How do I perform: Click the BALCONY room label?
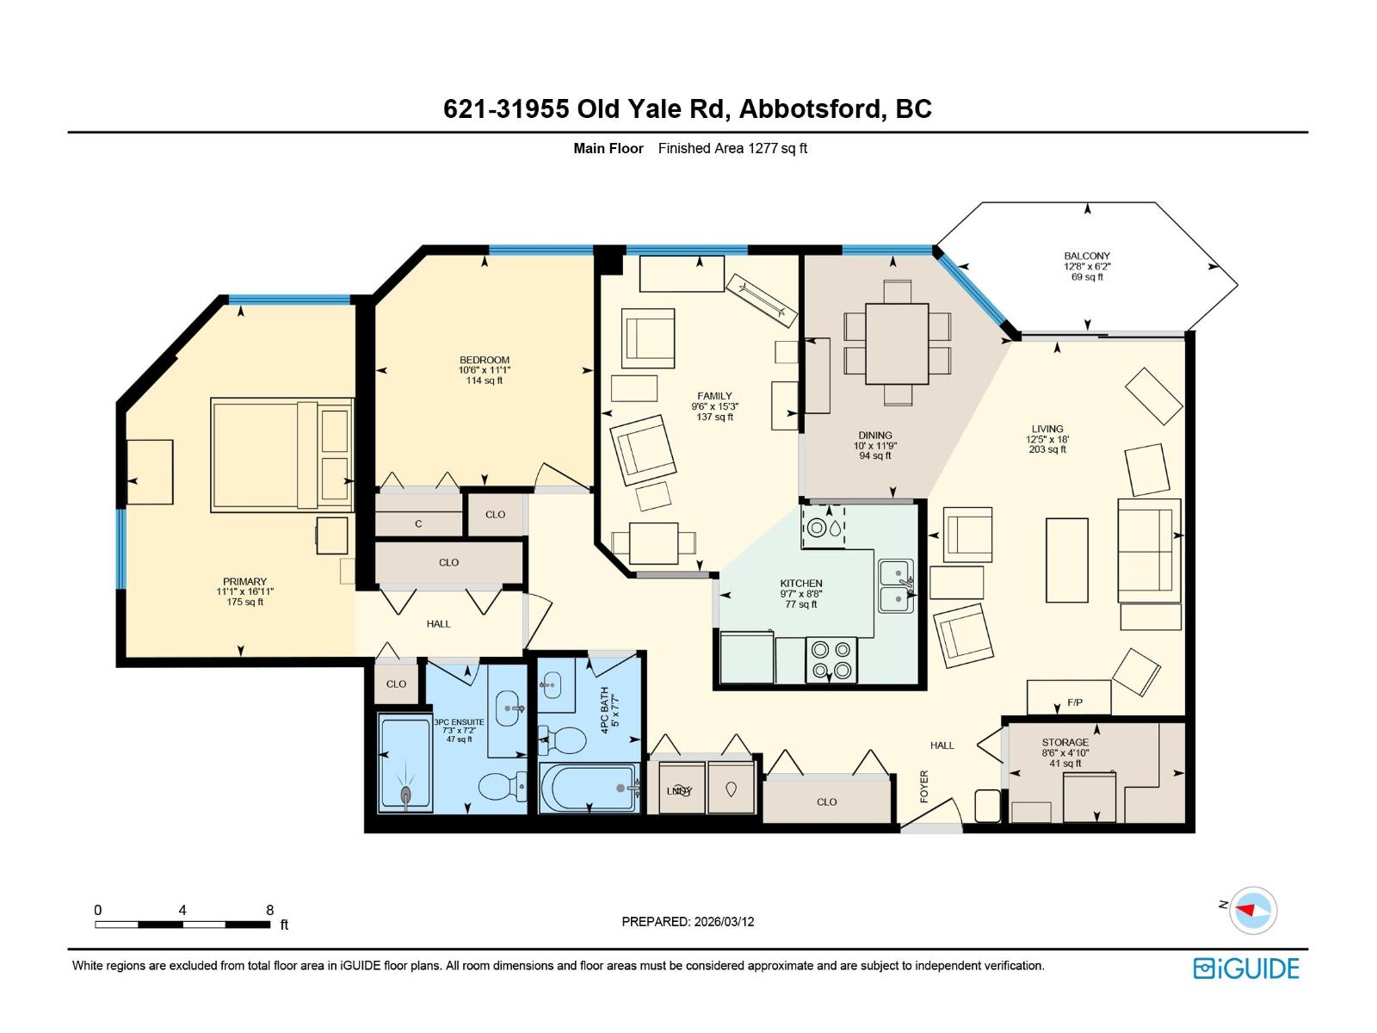[1087, 256]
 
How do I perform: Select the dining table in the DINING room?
[897, 343]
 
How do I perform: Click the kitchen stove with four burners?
[831, 660]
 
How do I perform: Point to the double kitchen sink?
[896, 585]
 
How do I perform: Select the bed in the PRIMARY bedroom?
[281, 454]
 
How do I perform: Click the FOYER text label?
[924, 786]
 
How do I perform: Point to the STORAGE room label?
[1065, 742]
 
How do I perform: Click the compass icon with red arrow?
[1252, 910]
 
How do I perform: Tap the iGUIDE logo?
[1246, 968]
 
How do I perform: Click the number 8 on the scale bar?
[270, 910]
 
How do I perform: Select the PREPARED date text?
[688, 921]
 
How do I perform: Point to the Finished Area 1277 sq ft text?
[732, 148]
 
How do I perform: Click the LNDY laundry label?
[679, 791]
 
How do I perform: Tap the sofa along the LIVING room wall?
[1146, 549]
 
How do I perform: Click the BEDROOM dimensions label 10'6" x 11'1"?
[485, 370]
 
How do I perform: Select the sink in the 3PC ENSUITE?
[509, 709]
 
